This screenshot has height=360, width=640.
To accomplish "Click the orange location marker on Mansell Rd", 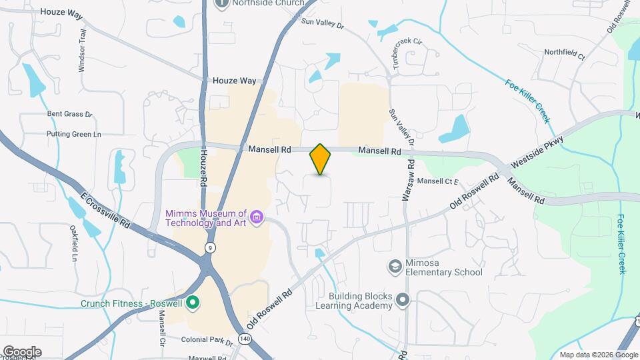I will pyautogui.click(x=321, y=159).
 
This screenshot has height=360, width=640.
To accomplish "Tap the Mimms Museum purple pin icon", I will pyautogui.click(x=256, y=217).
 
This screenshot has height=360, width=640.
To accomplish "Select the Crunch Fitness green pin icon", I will pyautogui.click(x=193, y=303).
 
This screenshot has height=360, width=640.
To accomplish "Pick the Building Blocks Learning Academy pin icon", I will pyautogui.click(x=402, y=300).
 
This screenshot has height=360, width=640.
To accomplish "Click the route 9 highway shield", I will pyautogui.click(x=211, y=247).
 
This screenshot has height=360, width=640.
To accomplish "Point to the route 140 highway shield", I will pyautogui.click(x=245, y=339).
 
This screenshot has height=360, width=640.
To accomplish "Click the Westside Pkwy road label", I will pyautogui.click(x=537, y=152).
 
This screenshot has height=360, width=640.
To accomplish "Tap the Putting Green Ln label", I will pyautogui.click(x=73, y=134).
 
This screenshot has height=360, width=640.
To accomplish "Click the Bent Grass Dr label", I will pyautogui.click(x=69, y=114).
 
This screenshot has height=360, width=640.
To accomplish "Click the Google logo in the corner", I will pyautogui.click(x=21, y=351).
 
